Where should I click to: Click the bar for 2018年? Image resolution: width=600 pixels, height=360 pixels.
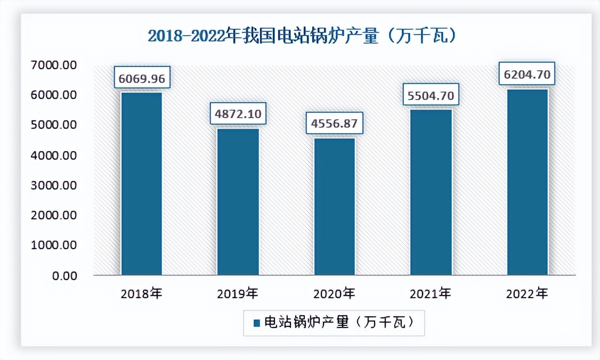coord(142,184)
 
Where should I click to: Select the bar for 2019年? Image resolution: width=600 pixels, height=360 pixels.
coord(238,202)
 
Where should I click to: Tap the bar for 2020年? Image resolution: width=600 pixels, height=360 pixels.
coord(334,207)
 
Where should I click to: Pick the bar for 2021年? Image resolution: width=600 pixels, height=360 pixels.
coord(431,192)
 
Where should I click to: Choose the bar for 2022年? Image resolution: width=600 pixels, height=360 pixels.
coord(527,182)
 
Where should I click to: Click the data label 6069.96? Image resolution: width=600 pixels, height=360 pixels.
coord(142,79)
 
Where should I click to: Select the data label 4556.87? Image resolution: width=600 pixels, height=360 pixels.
coord(334,124)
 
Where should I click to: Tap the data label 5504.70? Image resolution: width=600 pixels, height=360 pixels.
coord(431,96)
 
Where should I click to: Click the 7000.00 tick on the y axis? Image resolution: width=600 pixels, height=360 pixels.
coord(54,65)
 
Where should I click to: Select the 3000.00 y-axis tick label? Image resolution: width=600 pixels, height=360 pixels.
coord(54,185)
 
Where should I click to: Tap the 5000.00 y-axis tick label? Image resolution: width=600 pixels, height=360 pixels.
coord(54,125)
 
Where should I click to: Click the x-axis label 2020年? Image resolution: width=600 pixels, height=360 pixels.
coord(334,293)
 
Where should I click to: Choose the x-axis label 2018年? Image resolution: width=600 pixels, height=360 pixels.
coord(142,293)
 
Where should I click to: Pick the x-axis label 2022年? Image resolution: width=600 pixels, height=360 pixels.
coord(527,293)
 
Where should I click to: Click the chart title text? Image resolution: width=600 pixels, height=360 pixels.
coord(303,37)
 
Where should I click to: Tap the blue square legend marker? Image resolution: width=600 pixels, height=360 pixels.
coord(256,323)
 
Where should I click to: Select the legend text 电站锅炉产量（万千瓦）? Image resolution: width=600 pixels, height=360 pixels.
coord(339,322)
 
